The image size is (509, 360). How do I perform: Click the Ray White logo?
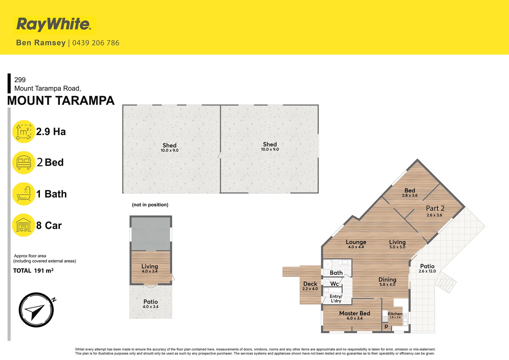tap(54, 24)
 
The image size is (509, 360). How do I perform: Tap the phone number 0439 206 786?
tap(96, 43)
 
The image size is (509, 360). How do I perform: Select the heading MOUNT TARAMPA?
tap(61, 101)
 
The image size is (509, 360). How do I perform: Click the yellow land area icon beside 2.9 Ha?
tap(24, 131)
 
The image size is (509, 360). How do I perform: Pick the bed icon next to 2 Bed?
tap(24, 162)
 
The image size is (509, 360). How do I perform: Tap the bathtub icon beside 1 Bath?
tap(24, 194)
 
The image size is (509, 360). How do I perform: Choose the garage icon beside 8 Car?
tap(24, 225)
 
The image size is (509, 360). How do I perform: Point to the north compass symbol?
tap(36, 310)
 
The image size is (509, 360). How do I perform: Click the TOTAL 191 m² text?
tap(33, 271)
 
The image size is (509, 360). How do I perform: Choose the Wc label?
tap(334, 284)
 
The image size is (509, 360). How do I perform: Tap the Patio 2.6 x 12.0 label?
tap(427, 268)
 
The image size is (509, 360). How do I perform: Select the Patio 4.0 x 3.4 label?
tap(151, 304)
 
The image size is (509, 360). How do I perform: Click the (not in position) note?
tap(150, 205)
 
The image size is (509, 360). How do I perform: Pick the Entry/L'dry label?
tap(336, 298)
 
